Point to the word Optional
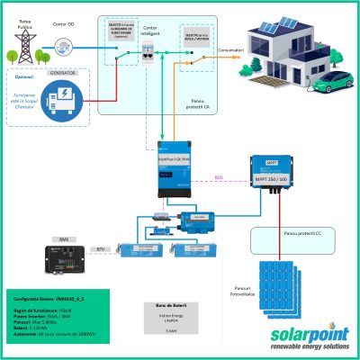coord(26,78)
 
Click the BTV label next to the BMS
coord(100,248)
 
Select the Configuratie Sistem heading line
coord(44,296)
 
